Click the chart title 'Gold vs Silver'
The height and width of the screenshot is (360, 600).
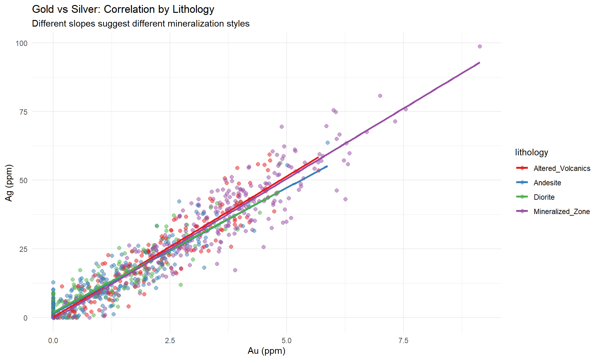pyautogui.click(x=123, y=9)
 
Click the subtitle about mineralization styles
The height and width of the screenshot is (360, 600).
pyautogui.click(x=141, y=24)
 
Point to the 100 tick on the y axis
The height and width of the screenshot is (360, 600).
pyautogui.click(x=22, y=43)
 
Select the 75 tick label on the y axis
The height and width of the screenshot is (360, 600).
pyautogui.click(x=23, y=112)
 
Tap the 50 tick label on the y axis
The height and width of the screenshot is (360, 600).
pyautogui.click(x=23, y=180)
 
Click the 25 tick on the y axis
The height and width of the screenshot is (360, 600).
pyautogui.click(x=23, y=249)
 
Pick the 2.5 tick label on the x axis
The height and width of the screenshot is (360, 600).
pyautogui.click(x=170, y=340)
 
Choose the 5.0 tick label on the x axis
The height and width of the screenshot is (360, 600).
pyautogui.click(x=287, y=340)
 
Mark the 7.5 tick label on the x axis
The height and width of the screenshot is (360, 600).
pyautogui.click(x=403, y=340)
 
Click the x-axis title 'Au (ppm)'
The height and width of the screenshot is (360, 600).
pyautogui.click(x=267, y=351)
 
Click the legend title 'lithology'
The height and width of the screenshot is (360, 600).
pyautogui.click(x=532, y=152)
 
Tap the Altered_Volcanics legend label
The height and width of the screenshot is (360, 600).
pyautogui.click(x=562, y=168)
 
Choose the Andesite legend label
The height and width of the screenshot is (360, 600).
pyautogui.click(x=547, y=183)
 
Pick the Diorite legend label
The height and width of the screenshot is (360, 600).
pyautogui.click(x=544, y=197)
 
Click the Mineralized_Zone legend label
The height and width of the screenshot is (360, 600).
pyautogui.click(x=562, y=212)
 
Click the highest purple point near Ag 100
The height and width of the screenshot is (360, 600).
pyautogui.click(x=480, y=47)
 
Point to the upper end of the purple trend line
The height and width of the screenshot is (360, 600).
pyautogui.click(x=479, y=62)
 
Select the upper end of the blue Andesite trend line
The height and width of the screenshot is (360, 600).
pyautogui.click(x=327, y=166)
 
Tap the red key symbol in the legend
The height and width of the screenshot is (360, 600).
pyautogui.click(x=522, y=168)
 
